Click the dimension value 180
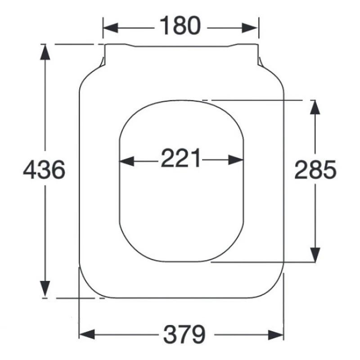tap(180, 25)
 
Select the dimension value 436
tap(44, 170)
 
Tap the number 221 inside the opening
tap(181, 158)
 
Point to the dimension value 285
tap(315, 170)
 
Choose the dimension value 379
tap(184, 334)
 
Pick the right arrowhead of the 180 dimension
tap(250, 28)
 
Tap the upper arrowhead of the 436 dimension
tap(45, 52)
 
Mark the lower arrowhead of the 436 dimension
tap(45, 288)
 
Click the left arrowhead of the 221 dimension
tap(127, 160)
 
